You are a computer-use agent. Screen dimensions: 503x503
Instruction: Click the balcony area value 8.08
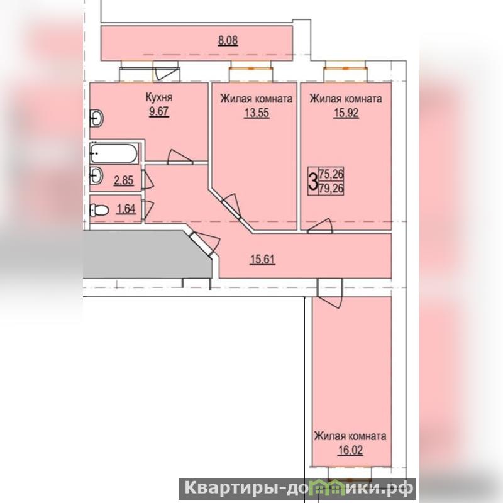point(228,41)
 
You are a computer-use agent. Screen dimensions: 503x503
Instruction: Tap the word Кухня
point(159,97)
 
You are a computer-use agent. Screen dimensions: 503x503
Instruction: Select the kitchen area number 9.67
point(159,112)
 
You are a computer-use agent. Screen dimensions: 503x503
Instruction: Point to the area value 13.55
point(257,113)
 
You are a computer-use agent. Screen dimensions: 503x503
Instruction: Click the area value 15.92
point(346,113)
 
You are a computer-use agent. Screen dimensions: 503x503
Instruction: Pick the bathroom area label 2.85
point(123,180)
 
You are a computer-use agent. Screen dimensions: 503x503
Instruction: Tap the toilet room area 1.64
point(126,209)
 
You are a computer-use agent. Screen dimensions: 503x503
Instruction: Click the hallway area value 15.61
point(262,259)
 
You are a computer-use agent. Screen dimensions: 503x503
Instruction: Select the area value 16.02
point(350,450)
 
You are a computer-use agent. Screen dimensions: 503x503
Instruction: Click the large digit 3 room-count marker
point(312,181)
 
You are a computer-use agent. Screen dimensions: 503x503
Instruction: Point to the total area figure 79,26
point(331,188)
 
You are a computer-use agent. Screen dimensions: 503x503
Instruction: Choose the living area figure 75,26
point(331,174)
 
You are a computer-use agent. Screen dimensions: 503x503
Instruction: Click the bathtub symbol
point(114,153)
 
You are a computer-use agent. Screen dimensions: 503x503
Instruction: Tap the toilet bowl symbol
point(99,211)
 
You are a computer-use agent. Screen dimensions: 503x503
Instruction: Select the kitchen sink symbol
point(96,119)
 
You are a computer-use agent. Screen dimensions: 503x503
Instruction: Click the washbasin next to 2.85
point(96,176)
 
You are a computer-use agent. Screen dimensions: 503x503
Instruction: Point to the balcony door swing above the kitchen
point(166,71)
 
